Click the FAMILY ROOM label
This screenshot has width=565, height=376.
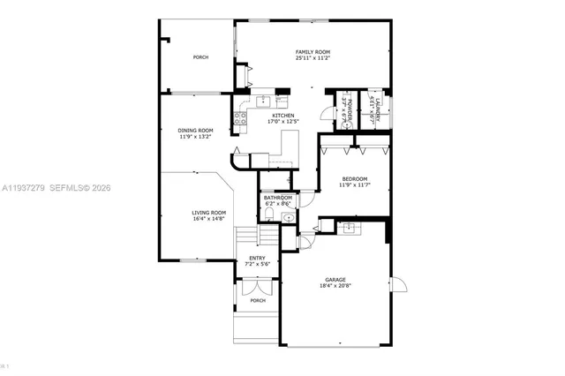pos(312,52)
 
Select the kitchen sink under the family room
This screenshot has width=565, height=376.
pos(262,101)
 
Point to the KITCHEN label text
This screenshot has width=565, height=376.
pos(282,116)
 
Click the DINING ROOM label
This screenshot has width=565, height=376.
pos(195,131)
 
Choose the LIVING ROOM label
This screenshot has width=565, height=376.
pos(209,213)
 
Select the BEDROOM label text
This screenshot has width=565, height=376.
pos(355,179)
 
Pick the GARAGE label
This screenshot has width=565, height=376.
pos(335,279)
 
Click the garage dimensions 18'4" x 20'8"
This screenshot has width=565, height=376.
pos(335,286)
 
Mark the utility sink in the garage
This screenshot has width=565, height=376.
pos(350,229)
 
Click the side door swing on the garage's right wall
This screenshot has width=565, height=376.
pos(397,285)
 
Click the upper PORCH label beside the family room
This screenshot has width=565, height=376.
pos(201,57)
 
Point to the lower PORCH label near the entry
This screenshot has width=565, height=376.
pos(257,301)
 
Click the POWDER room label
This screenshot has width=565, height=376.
pos(348,111)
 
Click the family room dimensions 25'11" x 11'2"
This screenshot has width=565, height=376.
pos(312,58)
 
